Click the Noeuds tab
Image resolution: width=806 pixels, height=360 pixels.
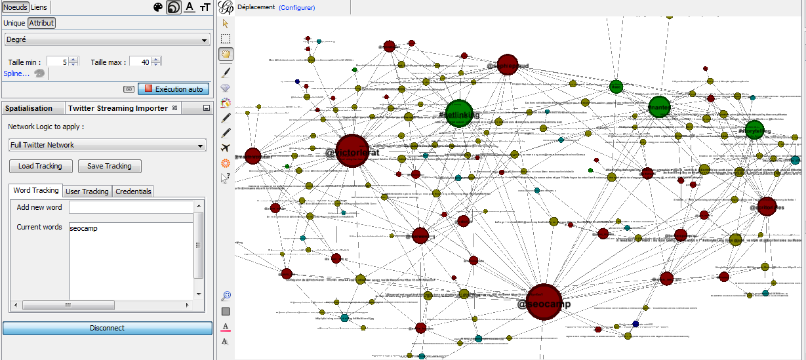point(15,7)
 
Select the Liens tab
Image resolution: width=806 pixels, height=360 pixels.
point(39,7)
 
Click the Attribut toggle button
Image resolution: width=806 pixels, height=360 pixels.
point(41,23)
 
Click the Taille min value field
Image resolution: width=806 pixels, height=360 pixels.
point(57,62)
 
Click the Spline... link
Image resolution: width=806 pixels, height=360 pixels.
point(16,73)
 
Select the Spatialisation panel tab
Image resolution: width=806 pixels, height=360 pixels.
point(29,108)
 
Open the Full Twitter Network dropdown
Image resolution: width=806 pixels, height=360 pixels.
point(108,145)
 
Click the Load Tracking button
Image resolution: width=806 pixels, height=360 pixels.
point(40,166)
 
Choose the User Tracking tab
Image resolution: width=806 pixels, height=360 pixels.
point(87,191)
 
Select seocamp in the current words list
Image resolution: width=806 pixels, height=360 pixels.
point(83,228)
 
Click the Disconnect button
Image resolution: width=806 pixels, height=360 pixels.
point(107,328)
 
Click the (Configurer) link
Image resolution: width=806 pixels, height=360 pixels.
point(296,8)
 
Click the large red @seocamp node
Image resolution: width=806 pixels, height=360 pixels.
point(544,302)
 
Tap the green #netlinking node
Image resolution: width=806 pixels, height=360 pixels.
point(459,113)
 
